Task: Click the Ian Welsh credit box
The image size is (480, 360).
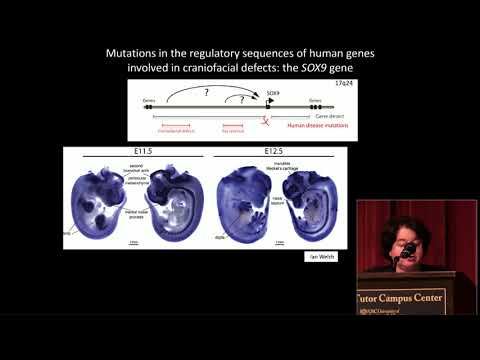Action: (326, 257)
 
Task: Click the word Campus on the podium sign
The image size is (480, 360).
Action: (409, 297)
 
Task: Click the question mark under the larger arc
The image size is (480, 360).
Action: (207, 91)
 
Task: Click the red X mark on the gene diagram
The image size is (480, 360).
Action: (266, 120)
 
